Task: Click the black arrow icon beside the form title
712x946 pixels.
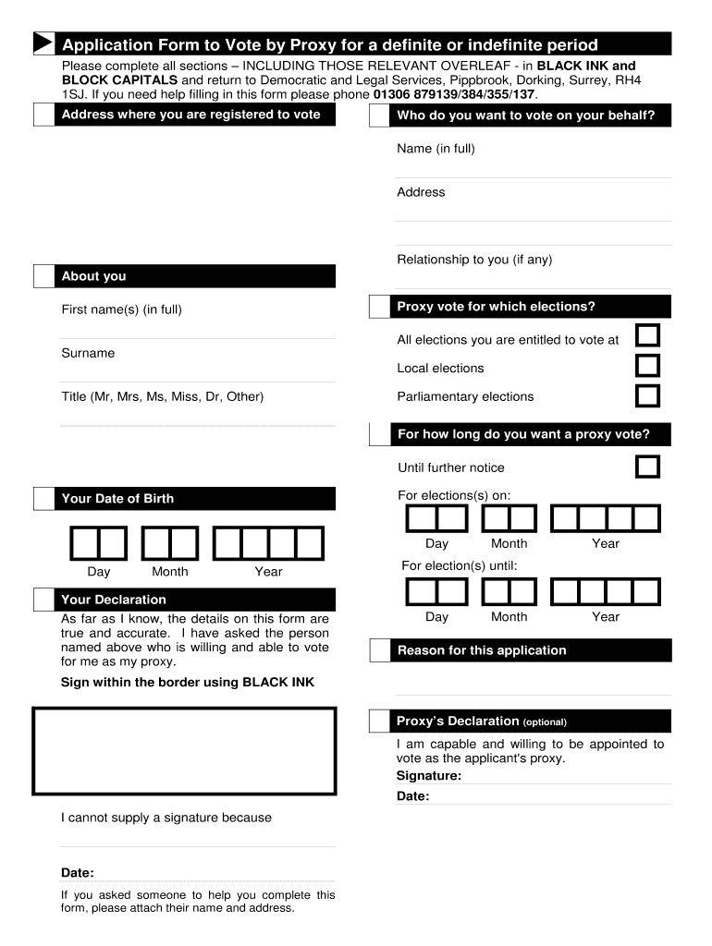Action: [x=43, y=44]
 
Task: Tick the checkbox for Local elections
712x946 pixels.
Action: [x=648, y=366]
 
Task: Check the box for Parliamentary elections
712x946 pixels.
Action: [x=648, y=395]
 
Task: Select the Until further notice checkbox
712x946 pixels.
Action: [x=648, y=466]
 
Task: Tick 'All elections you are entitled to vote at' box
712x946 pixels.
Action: [x=648, y=335]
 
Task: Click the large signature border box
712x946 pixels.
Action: [x=185, y=751]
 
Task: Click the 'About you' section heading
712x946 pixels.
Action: [x=93, y=276]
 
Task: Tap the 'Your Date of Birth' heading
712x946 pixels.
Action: [x=117, y=499]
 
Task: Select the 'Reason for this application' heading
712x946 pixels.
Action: [x=482, y=650]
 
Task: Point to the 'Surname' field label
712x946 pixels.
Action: [x=88, y=353]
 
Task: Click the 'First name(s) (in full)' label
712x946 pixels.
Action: [x=121, y=309]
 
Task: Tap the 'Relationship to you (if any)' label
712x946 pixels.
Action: [x=474, y=260]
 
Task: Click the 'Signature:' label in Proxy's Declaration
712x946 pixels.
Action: [x=429, y=776]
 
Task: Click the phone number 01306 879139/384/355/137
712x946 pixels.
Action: [x=454, y=94]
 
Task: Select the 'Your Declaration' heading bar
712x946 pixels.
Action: [x=114, y=600]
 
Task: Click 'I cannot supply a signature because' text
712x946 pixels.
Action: [x=166, y=818]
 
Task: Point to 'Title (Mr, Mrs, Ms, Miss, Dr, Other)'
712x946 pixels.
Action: [x=163, y=396]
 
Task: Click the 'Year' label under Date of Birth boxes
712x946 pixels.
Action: [x=268, y=572]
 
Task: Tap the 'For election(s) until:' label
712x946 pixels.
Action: [x=460, y=565]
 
